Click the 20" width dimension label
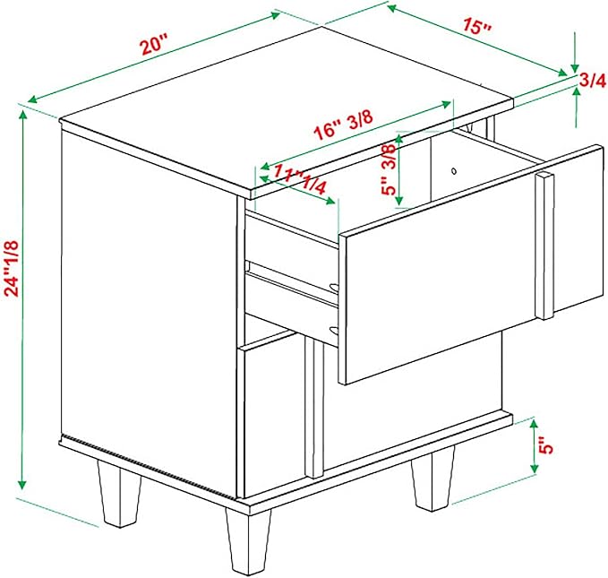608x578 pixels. point(155,44)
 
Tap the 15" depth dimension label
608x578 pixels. point(477,26)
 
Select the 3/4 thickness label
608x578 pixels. point(592,81)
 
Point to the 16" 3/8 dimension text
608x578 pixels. point(343,125)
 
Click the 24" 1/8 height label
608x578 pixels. point(12,269)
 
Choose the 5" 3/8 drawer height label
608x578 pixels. point(388,168)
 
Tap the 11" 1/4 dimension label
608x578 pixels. point(300,179)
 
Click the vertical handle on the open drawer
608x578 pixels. point(544,246)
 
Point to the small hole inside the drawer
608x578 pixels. point(454,171)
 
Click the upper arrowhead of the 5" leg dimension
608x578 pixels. point(534,425)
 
